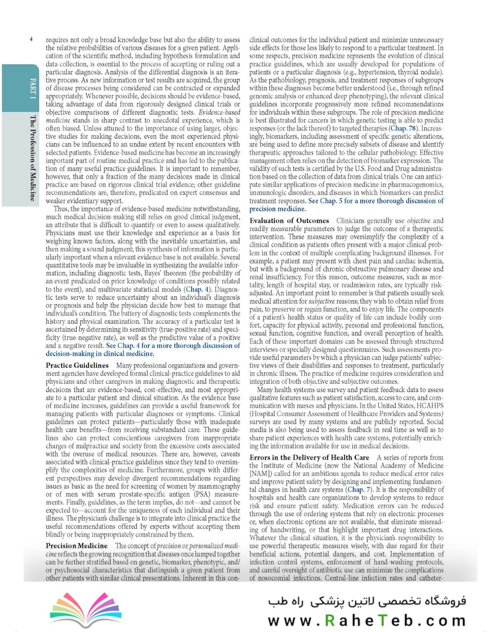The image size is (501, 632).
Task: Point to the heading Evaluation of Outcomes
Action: click(x=289, y=221)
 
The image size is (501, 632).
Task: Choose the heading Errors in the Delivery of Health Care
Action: click(x=309, y=457)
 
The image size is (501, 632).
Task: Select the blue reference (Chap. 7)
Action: click(x=363, y=488)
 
